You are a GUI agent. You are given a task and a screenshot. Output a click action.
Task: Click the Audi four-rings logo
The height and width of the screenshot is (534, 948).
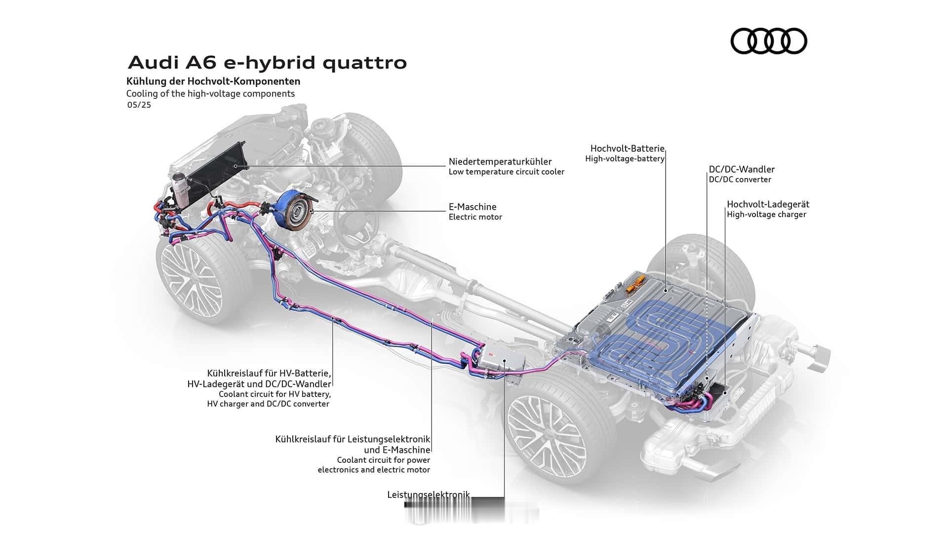[x=768, y=41]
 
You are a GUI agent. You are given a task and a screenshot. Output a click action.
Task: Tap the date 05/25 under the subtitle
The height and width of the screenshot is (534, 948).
[x=139, y=105]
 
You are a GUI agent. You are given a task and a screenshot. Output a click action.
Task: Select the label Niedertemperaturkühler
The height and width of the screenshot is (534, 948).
[x=500, y=162]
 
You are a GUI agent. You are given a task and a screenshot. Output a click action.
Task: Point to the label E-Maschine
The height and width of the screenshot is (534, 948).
[x=473, y=207]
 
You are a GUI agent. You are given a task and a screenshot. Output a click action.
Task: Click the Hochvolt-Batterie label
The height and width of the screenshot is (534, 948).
[x=627, y=148]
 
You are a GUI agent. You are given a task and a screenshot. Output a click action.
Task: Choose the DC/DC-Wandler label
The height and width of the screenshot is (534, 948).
[x=742, y=170]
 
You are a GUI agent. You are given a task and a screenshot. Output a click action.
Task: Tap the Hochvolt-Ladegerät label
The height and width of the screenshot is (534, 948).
[x=768, y=204]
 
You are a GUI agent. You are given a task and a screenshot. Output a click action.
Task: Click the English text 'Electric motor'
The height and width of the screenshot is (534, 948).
[x=475, y=217]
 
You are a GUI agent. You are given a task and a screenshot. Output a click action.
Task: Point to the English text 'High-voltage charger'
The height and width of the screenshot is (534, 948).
[x=766, y=215]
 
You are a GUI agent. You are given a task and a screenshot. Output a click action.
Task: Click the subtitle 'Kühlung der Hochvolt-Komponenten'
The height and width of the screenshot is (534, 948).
[x=213, y=81]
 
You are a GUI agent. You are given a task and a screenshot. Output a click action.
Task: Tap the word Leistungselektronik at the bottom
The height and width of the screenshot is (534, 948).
[x=428, y=494]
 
